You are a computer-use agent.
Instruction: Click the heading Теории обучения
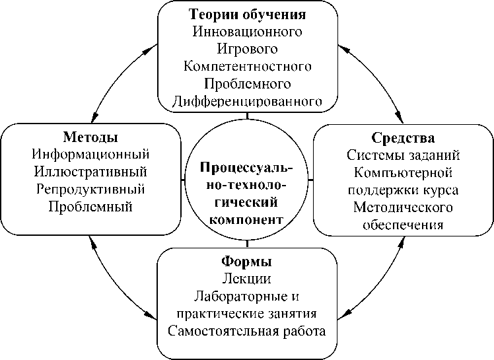click(248, 14)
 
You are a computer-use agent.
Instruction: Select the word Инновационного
click(248, 31)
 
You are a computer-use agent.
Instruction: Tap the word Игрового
click(248, 49)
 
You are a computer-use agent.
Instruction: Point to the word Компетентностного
click(248, 67)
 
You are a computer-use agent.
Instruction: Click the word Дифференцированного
click(248, 102)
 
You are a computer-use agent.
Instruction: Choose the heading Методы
click(90, 137)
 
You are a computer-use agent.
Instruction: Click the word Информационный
click(90, 155)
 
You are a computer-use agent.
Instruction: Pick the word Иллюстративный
click(90, 172)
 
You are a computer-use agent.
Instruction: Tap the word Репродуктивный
click(90, 190)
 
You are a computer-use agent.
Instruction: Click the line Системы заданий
click(403, 156)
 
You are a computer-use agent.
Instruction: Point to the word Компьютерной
click(403, 173)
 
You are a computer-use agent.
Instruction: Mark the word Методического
click(403, 207)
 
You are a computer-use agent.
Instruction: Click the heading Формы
click(248, 262)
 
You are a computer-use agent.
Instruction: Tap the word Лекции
click(248, 279)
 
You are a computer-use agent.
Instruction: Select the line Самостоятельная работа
click(248, 330)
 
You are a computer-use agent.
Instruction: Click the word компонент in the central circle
click(247, 219)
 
